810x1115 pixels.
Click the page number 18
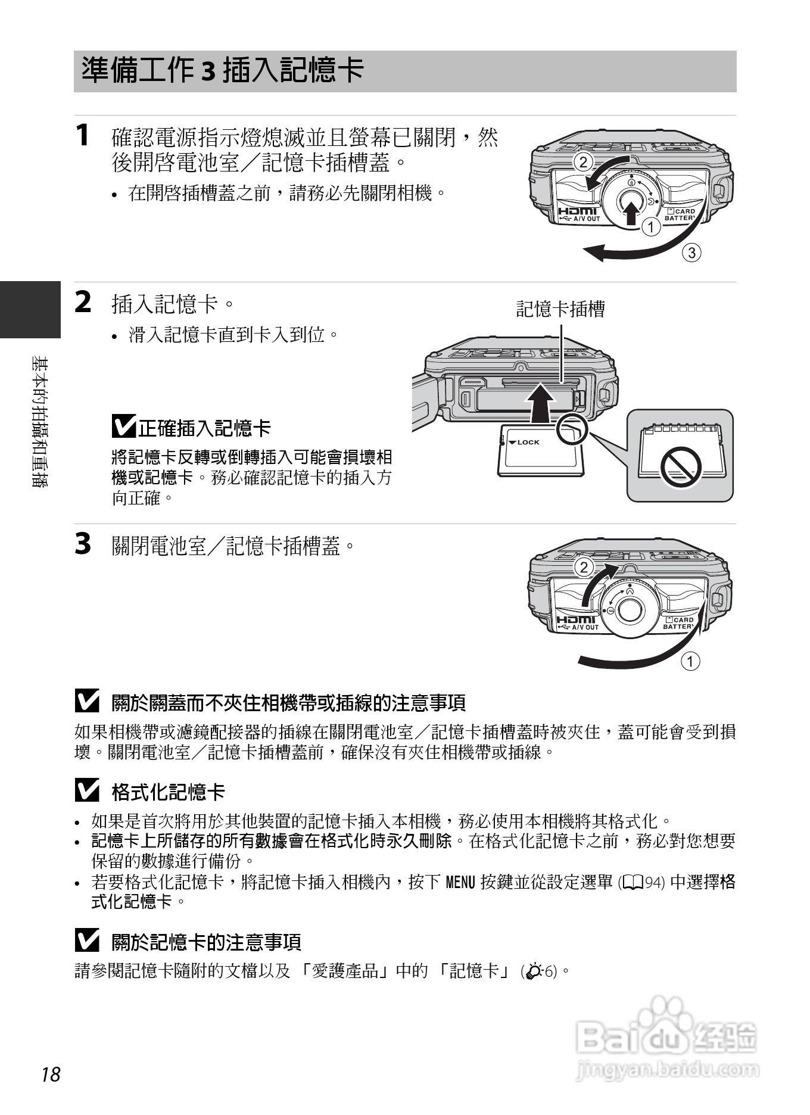pyautogui.click(x=51, y=1074)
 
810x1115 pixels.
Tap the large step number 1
pyautogui.click(x=82, y=135)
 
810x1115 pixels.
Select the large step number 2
pyautogui.click(x=83, y=302)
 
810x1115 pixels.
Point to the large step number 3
pyautogui.click(x=83, y=544)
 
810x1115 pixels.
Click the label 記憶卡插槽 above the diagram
pyautogui.click(x=560, y=309)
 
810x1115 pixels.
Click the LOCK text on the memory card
pyautogui.click(x=528, y=442)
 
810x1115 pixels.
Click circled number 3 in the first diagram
pyautogui.click(x=691, y=253)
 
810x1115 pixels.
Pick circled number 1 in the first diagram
pyautogui.click(x=651, y=227)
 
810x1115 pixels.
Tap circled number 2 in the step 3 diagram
pyautogui.click(x=584, y=567)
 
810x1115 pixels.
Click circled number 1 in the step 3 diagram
pyautogui.click(x=690, y=661)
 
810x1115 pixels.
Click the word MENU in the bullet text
pyautogui.click(x=460, y=882)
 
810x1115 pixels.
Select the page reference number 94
pyautogui.click(x=653, y=883)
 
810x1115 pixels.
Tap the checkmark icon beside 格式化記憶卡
pyautogui.click(x=87, y=791)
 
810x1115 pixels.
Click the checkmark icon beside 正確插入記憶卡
pyautogui.click(x=123, y=426)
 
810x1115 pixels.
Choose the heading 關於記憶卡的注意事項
pyautogui.click(x=206, y=942)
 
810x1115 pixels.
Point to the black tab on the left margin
pyautogui.click(x=30, y=309)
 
